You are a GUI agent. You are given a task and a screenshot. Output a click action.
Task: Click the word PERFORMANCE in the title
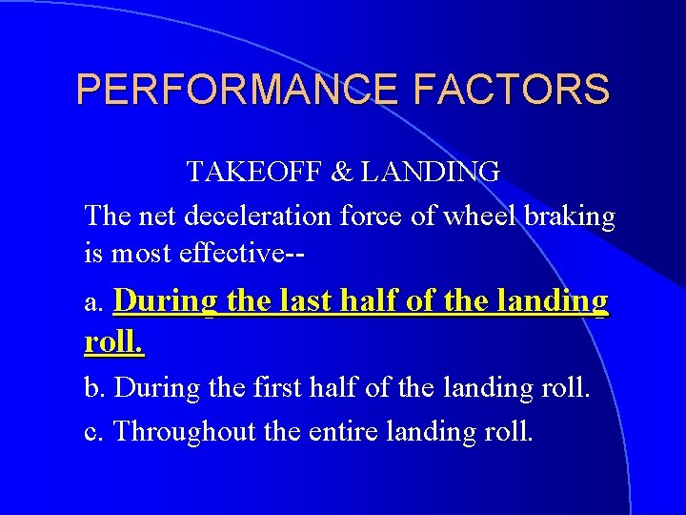237,90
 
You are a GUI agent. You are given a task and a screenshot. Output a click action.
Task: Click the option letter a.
92,304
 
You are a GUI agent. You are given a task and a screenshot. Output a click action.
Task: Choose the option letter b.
93,388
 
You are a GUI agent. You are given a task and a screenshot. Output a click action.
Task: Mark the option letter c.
92,432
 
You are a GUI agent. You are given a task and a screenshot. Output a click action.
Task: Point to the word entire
345,432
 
